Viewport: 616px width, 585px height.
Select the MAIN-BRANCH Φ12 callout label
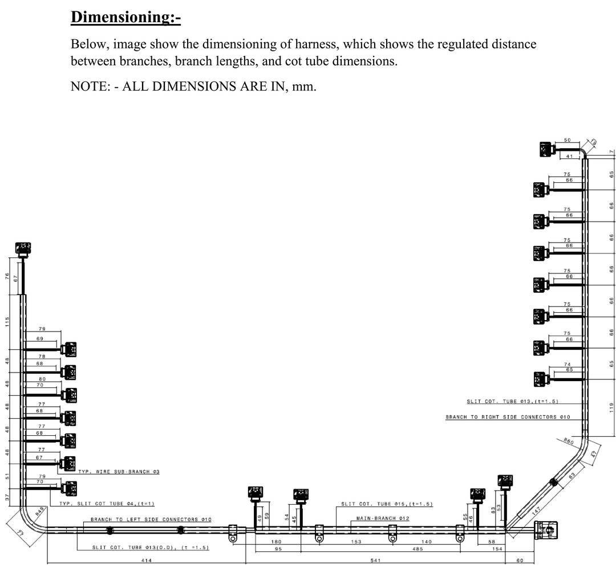click(x=383, y=518)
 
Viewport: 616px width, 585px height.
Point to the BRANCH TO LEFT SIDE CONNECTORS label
click(x=151, y=519)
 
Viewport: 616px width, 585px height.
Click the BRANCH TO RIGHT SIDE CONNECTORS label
click(x=508, y=417)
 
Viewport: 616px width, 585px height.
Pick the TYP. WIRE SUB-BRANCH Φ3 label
click(x=119, y=472)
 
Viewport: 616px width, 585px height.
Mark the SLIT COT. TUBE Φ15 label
click(x=387, y=504)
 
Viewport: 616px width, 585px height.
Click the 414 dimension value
click(x=146, y=561)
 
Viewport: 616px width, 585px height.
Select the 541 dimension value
click(x=375, y=561)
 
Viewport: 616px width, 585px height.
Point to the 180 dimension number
click(x=276, y=542)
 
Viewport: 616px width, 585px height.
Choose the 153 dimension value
click(x=356, y=542)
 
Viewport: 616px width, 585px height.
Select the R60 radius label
click(x=568, y=440)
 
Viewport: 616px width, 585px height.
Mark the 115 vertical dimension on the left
click(x=7, y=321)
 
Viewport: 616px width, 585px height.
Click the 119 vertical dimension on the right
click(x=611, y=407)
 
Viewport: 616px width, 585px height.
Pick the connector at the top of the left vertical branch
click(x=23, y=248)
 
